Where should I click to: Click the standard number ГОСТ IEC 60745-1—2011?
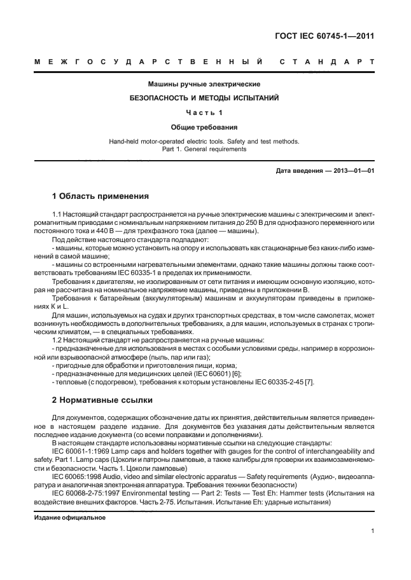click(x=324, y=36)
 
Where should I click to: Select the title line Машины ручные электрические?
click(x=204, y=84)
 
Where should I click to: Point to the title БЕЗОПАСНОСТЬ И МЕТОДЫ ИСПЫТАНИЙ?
click(x=204, y=98)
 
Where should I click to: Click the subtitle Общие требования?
click(x=204, y=127)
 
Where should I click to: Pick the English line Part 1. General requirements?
click(x=204, y=149)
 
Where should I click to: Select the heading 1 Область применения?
click(x=100, y=196)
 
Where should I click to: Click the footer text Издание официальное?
click(x=69, y=517)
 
